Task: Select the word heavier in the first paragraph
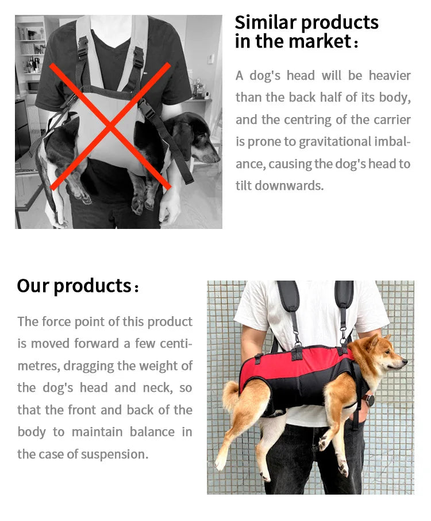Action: pyautogui.click(x=390, y=76)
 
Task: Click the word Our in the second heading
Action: pyautogui.click(x=33, y=285)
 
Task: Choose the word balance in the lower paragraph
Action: pyautogui.click(x=151, y=432)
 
